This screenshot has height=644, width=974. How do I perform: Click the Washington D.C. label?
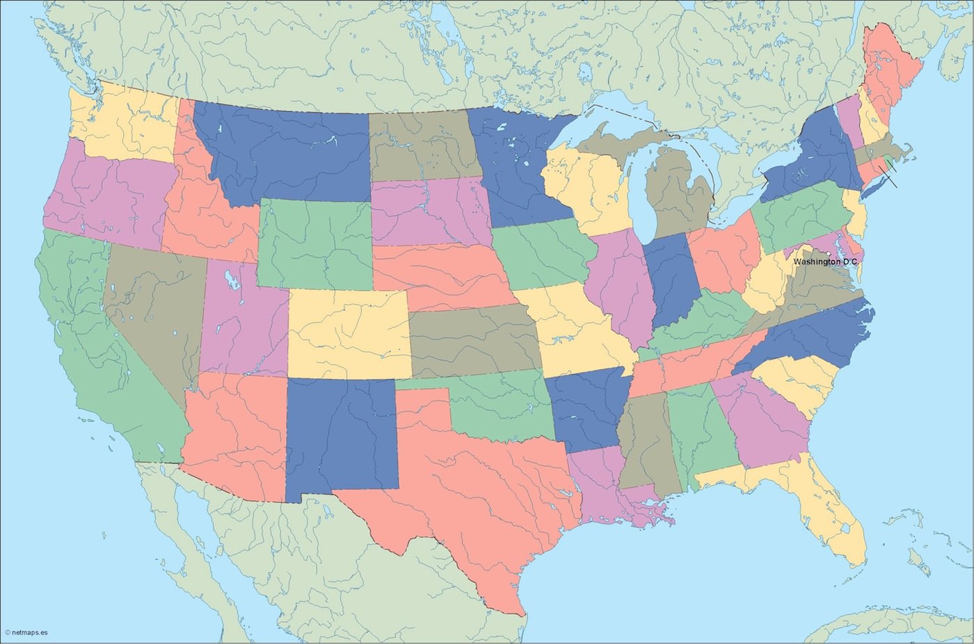(x=826, y=261)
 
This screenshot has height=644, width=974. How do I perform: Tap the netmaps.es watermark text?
(x=26, y=633)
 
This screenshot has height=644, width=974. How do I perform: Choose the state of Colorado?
(x=348, y=334)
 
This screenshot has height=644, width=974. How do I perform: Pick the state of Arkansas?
(x=584, y=410)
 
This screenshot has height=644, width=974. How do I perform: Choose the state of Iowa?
(x=543, y=254)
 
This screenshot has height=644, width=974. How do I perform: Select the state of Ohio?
(x=724, y=254)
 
